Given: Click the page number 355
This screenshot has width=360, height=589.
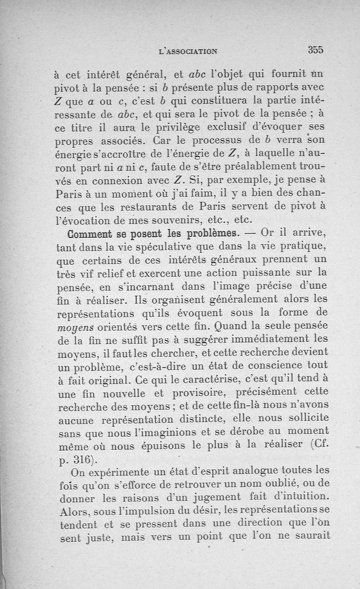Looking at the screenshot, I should coord(316,50).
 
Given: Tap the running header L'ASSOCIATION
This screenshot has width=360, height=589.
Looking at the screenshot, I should coord(188,51).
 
